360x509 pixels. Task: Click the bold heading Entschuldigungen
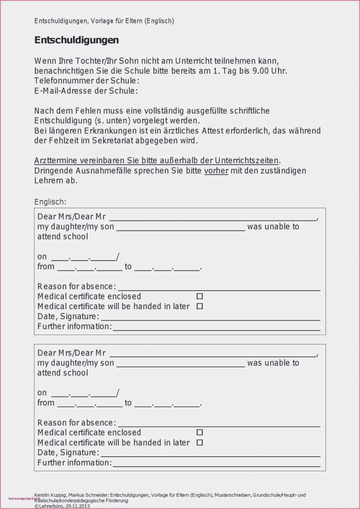77,40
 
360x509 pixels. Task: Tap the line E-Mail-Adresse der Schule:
86,90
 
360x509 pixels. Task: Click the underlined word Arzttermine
56,161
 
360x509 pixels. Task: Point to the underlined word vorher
216,170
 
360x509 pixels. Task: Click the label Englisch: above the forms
50,201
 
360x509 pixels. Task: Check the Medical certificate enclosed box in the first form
200,296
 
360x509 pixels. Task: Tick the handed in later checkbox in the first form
200,306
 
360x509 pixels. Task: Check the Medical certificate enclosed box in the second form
200,432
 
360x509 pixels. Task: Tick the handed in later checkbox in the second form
200,442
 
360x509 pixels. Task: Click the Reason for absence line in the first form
219,288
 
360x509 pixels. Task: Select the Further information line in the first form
216,329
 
